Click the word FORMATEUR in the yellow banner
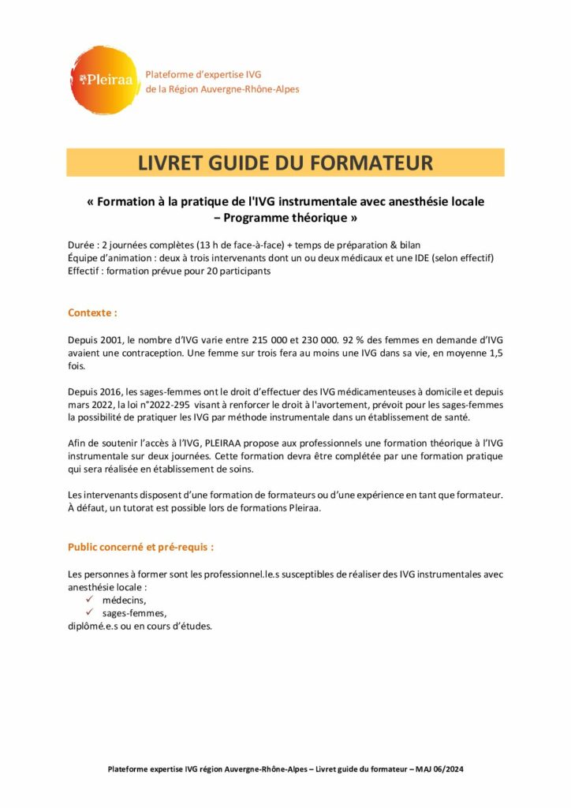[370, 163]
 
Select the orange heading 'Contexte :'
[92, 312]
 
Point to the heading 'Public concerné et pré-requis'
[140, 545]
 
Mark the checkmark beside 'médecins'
[90, 600]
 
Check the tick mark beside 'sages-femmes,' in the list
[90, 613]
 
